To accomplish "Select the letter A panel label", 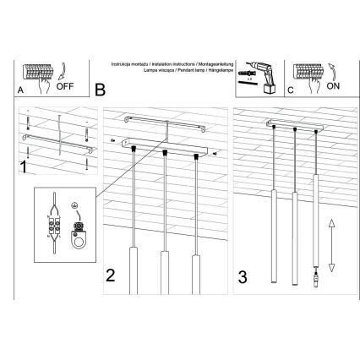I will pyautogui.click(x=20, y=89).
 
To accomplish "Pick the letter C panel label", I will pyautogui.click(x=290, y=89).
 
